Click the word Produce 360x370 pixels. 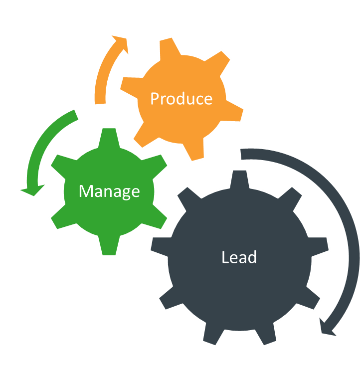(181, 99)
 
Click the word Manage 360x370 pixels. (109, 191)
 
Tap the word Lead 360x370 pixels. (239, 257)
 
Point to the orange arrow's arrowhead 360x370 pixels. (121, 44)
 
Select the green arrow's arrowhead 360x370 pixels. (31, 189)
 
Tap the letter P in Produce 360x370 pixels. (155, 98)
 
